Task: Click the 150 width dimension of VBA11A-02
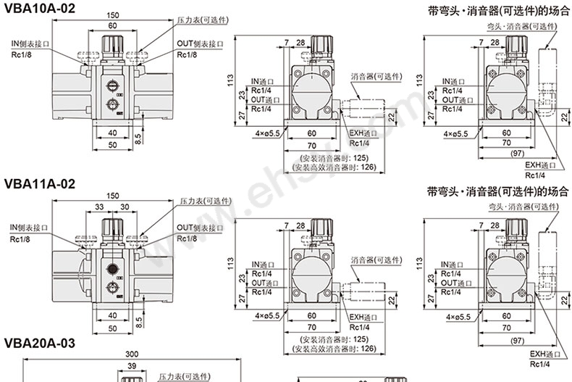point(112,195)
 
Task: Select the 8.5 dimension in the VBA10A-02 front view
point(138,137)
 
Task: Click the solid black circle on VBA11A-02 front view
point(112,270)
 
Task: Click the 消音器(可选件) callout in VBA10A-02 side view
point(375,76)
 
